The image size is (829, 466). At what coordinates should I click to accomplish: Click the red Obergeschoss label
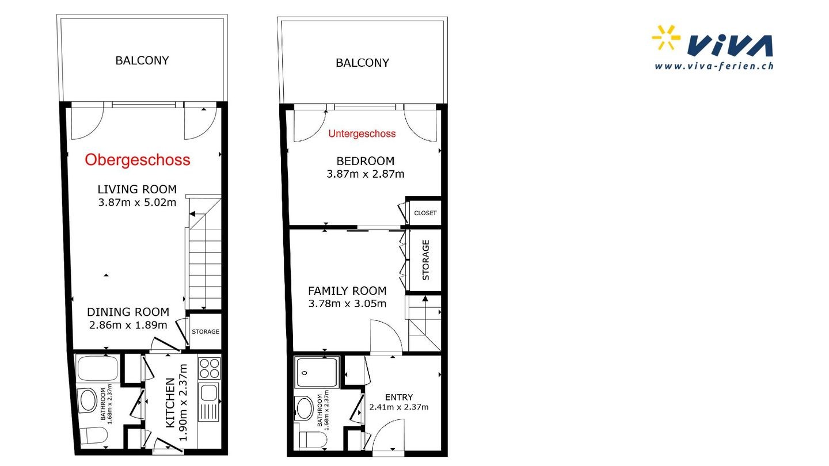pyautogui.click(x=137, y=160)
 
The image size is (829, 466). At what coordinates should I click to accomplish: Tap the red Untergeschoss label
pyautogui.click(x=362, y=134)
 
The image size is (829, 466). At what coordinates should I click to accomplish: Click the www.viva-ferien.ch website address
pyautogui.click(x=714, y=66)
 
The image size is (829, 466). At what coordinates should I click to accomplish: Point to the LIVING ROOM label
pyautogui.click(x=137, y=189)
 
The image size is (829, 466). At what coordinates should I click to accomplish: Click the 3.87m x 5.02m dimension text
pyautogui.click(x=137, y=203)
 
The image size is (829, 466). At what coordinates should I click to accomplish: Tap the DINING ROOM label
pyautogui.click(x=128, y=312)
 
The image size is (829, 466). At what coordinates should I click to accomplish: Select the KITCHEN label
pyautogui.click(x=170, y=403)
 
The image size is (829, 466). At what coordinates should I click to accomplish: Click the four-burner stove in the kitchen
pyautogui.click(x=209, y=368)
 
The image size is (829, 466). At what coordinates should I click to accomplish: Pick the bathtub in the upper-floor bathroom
pyautogui.click(x=98, y=368)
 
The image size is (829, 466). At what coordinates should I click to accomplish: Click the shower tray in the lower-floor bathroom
pyautogui.click(x=317, y=372)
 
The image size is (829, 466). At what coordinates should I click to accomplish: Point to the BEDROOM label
pyautogui.click(x=365, y=161)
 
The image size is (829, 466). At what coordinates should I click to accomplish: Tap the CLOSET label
pyautogui.click(x=425, y=213)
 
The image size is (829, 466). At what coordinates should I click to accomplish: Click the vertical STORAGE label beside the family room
pyautogui.click(x=425, y=260)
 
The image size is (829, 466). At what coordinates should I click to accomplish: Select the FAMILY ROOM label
pyautogui.click(x=347, y=291)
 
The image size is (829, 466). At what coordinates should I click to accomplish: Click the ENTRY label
pyautogui.click(x=399, y=397)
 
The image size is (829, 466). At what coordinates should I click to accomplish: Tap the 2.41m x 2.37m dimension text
pyautogui.click(x=399, y=407)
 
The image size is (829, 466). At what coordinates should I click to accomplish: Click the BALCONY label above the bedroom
pyautogui.click(x=362, y=63)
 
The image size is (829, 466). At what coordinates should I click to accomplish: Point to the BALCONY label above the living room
pyautogui.click(x=142, y=60)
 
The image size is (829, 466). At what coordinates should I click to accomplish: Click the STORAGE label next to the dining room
pyautogui.click(x=206, y=332)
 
